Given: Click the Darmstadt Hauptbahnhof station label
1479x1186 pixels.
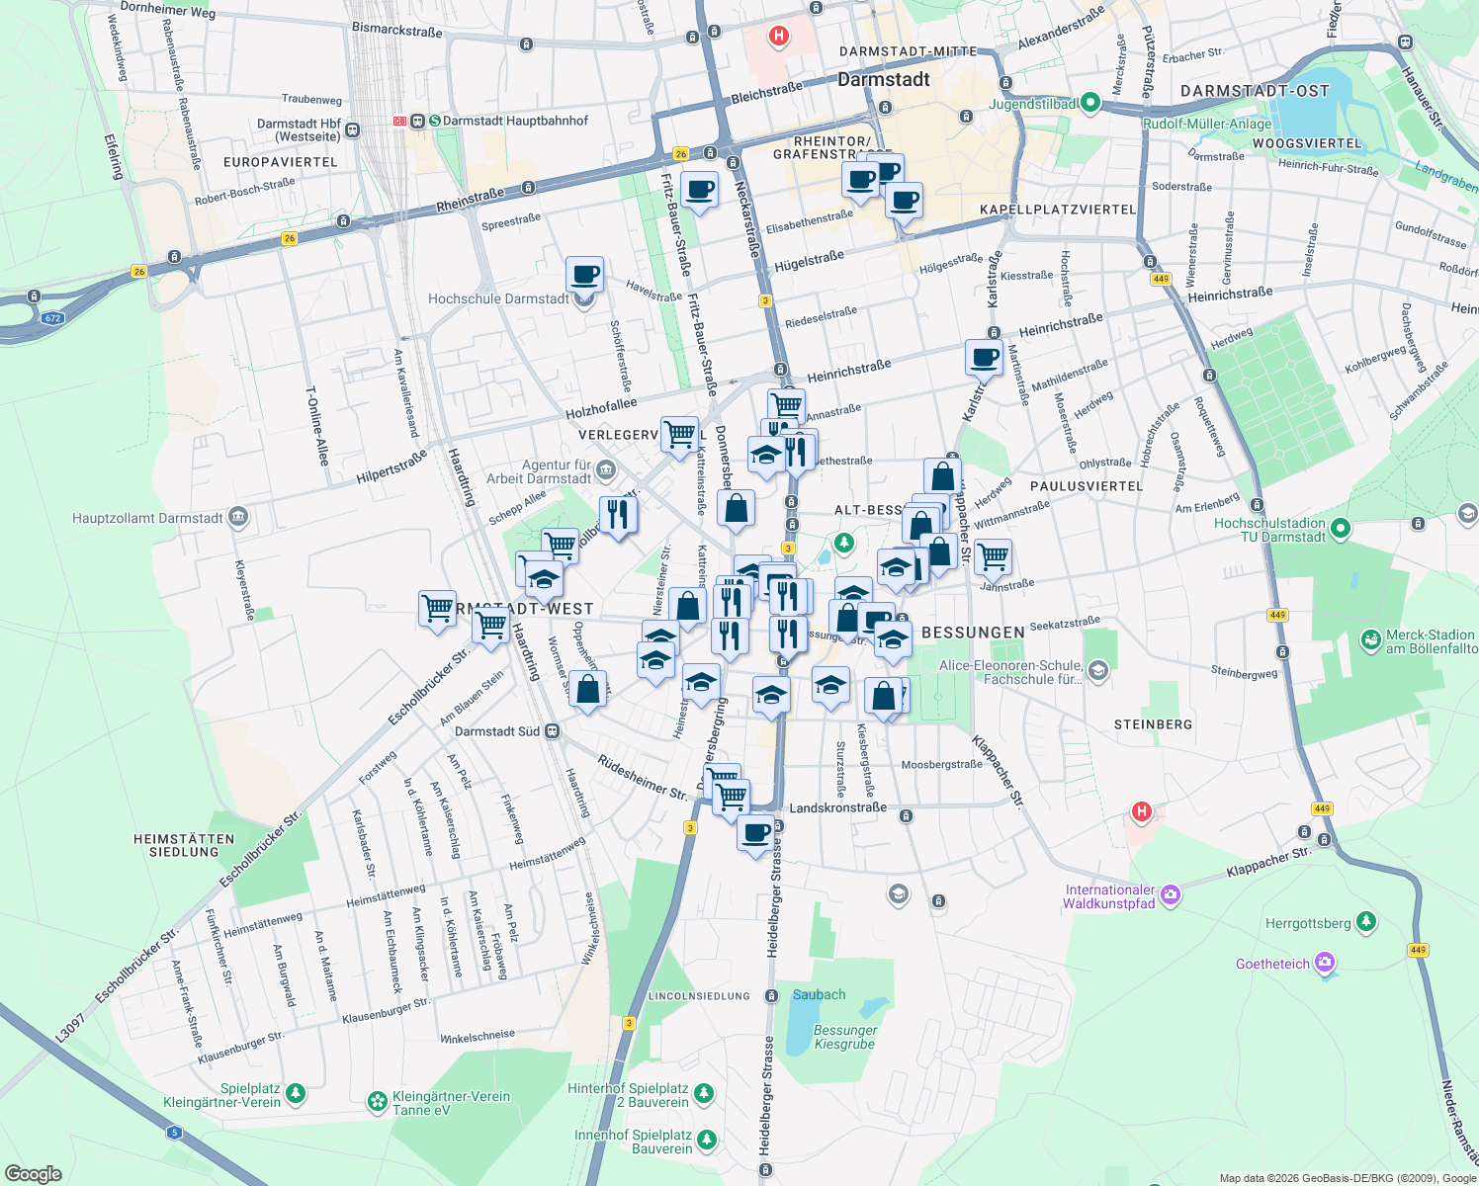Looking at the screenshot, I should pyautogui.click(x=514, y=121).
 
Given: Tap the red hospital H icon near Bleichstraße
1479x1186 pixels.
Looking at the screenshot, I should pyautogui.click(x=779, y=37).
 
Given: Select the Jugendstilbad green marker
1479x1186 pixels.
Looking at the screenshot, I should pyautogui.click(x=1090, y=103).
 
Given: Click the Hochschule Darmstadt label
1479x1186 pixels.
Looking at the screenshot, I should pyautogui.click(x=498, y=298).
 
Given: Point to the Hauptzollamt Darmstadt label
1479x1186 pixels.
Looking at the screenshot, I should pyautogui.click(x=148, y=518).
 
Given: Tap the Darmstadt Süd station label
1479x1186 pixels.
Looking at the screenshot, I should pyautogui.click(x=497, y=731).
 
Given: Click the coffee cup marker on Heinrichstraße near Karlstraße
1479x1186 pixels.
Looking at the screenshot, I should pyautogui.click(x=984, y=358).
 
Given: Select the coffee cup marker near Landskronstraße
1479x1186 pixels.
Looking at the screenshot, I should pyautogui.click(x=756, y=832).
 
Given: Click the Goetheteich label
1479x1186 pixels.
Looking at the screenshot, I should pyautogui.click(x=1272, y=964).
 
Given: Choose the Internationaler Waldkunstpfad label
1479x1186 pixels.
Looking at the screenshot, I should pyautogui.click(x=1109, y=896).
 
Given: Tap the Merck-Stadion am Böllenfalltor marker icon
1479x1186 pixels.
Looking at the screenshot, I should pyautogui.click(x=1370, y=640).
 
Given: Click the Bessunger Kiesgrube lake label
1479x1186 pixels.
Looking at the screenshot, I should pyautogui.click(x=844, y=1037).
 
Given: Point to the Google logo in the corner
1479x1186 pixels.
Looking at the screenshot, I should pyautogui.click(x=34, y=1173).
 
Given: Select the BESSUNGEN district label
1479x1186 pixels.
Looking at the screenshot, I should pyautogui.click(x=973, y=633).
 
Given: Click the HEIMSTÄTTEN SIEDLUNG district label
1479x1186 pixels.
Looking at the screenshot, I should pyautogui.click(x=184, y=845).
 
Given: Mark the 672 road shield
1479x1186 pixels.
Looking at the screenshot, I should pyautogui.click(x=52, y=318).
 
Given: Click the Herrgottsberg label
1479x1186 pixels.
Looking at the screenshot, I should pyautogui.click(x=1308, y=923).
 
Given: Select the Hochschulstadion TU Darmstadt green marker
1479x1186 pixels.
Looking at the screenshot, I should pyautogui.click(x=1341, y=529).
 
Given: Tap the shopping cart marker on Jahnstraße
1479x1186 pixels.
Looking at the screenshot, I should pyautogui.click(x=993, y=556).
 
